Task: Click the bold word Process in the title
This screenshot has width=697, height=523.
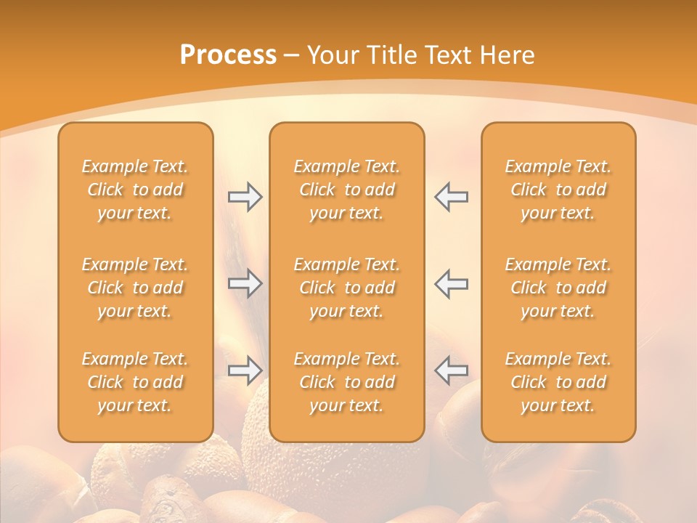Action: pyautogui.click(x=228, y=55)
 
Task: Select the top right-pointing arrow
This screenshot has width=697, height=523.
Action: pyautogui.click(x=245, y=197)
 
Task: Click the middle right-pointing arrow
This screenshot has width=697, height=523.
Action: pyautogui.click(x=245, y=283)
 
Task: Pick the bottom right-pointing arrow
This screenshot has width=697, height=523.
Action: pyautogui.click(x=245, y=370)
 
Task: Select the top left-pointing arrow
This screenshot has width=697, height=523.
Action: pyautogui.click(x=451, y=197)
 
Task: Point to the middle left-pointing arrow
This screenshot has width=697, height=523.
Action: pyautogui.click(x=451, y=283)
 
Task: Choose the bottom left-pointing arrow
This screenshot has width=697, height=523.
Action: pyautogui.click(x=451, y=370)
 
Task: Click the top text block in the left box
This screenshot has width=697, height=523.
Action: pyautogui.click(x=135, y=190)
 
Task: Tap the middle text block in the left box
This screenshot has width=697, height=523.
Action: pyautogui.click(x=135, y=288)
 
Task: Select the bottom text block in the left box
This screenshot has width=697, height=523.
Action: pyautogui.click(x=135, y=382)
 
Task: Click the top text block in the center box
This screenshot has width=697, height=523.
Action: pyautogui.click(x=346, y=190)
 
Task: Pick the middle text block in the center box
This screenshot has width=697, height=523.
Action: pyautogui.click(x=346, y=288)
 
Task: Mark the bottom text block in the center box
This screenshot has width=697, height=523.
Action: pyautogui.click(x=346, y=382)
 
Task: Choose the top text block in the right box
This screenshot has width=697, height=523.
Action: pyautogui.click(x=558, y=190)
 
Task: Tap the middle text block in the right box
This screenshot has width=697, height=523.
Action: pyautogui.click(x=558, y=288)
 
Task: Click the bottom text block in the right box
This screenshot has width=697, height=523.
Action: pyautogui.click(x=558, y=382)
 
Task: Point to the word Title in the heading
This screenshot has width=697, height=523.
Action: pyautogui.click(x=389, y=55)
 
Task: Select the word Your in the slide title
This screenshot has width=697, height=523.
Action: pyautogui.click(x=332, y=55)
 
